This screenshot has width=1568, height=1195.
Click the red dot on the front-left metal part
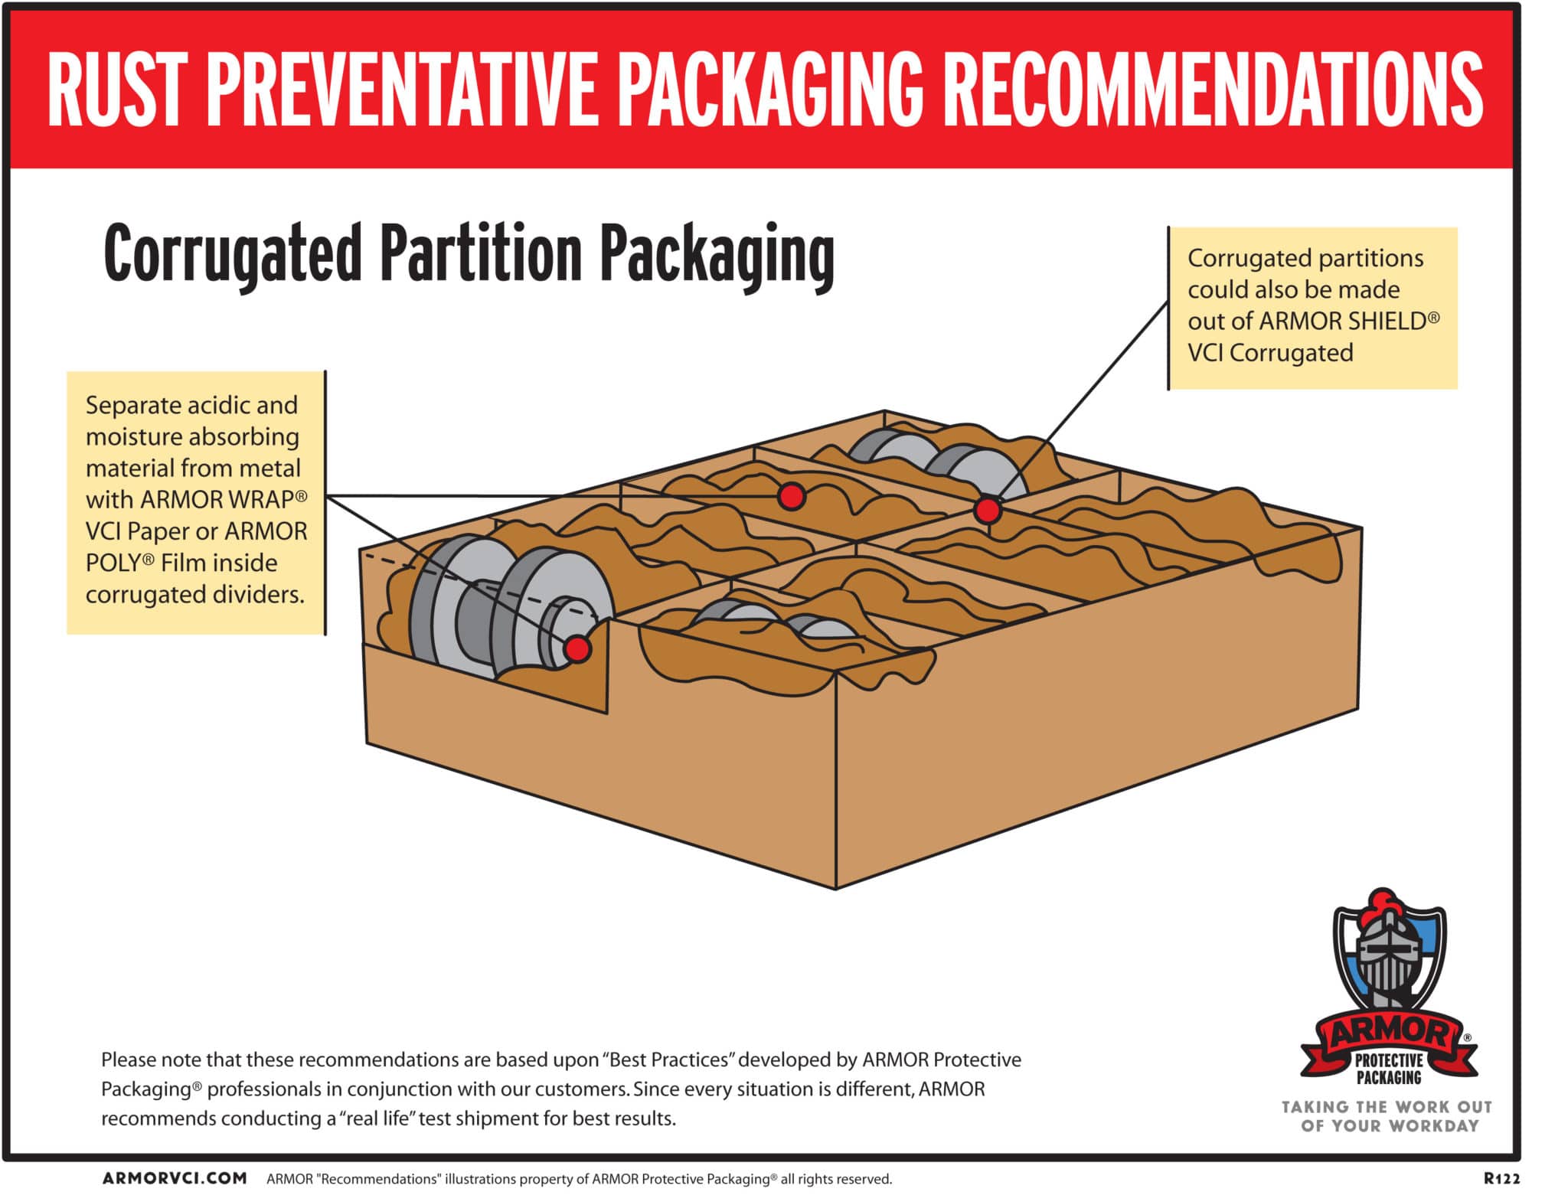577,648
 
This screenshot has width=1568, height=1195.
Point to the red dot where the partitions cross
988,509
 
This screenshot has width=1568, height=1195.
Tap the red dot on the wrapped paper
792,496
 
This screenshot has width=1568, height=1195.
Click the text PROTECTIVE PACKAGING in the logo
1389,1069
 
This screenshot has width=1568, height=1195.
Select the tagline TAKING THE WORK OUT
1387,1107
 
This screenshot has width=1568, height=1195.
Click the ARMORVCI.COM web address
175,1178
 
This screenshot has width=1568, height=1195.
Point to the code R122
1502,1178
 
